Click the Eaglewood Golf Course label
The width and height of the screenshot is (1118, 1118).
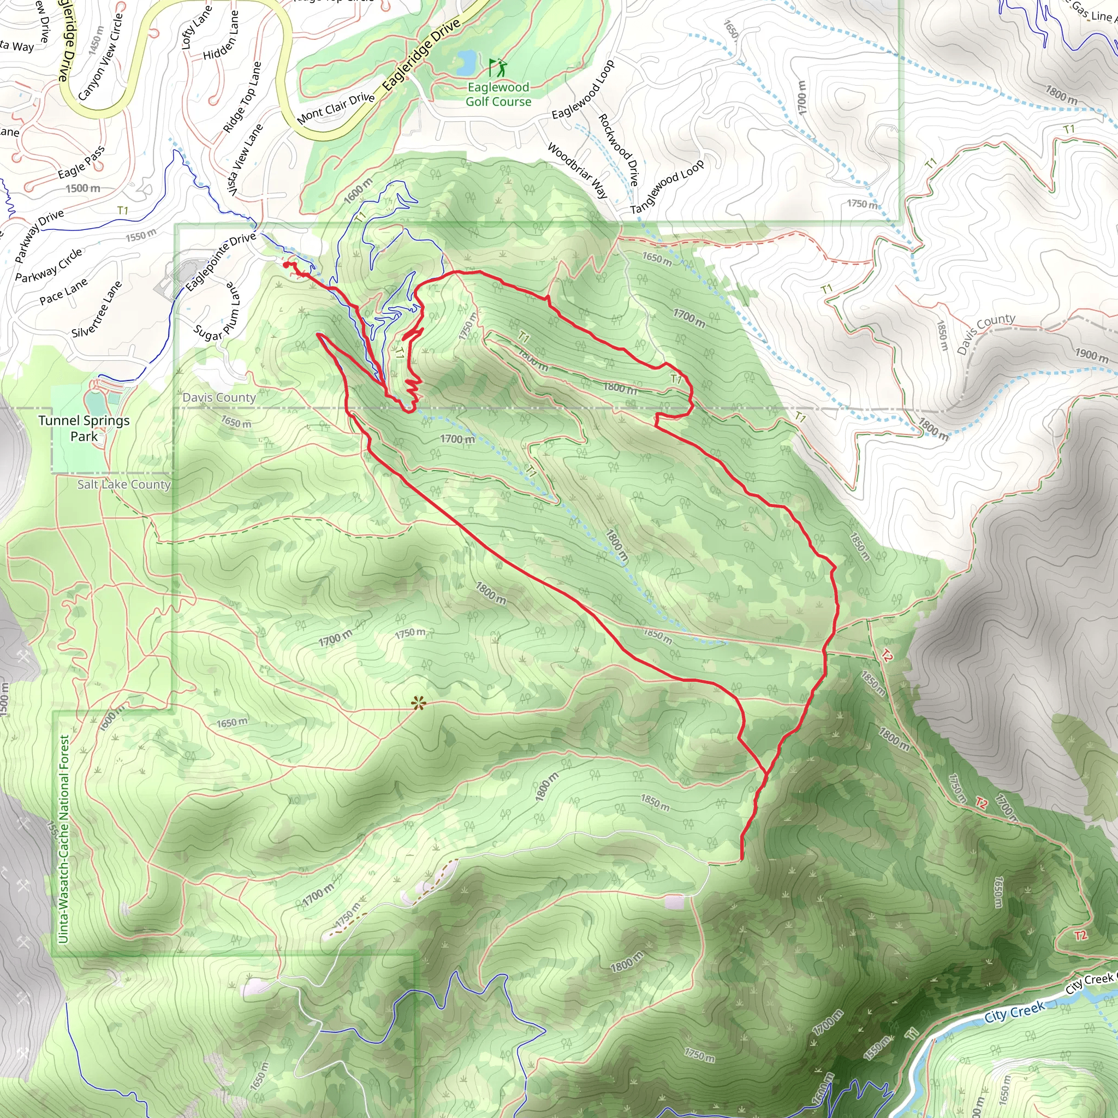[x=498, y=94]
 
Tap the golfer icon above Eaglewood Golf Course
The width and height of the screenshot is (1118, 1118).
[x=497, y=67]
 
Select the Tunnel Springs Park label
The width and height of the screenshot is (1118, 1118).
[x=84, y=428]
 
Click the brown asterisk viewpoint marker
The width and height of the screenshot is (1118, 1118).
[x=418, y=704]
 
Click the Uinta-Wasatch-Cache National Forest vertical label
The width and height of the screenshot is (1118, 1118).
[x=64, y=839]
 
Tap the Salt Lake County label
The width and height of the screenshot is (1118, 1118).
[x=124, y=484]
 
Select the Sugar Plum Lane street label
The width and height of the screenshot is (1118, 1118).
[x=217, y=312]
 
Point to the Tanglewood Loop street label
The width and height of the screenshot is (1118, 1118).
[x=667, y=186]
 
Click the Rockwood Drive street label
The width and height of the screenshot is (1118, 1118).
[x=618, y=149]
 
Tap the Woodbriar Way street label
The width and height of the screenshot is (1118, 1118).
[x=577, y=171]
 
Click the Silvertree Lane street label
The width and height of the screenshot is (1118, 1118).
[x=97, y=309]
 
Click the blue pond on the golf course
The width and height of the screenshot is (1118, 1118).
[x=466, y=62]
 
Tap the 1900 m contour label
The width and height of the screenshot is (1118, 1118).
[x=1091, y=355]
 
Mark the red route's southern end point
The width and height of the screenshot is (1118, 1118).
[x=742, y=859]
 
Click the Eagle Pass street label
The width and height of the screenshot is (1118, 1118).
[x=81, y=162]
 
